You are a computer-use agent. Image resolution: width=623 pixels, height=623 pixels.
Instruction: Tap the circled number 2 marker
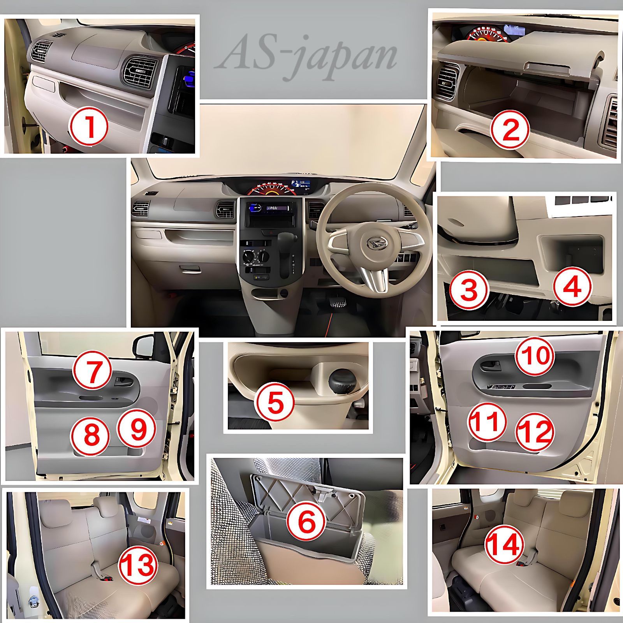pyautogui.click(x=510, y=130)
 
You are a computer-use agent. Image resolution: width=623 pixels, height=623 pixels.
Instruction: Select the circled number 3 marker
pyautogui.click(x=469, y=290)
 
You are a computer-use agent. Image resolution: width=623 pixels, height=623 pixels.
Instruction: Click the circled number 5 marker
pyautogui.click(x=275, y=404)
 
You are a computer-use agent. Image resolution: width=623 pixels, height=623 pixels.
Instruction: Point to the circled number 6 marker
pyautogui.click(x=306, y=522)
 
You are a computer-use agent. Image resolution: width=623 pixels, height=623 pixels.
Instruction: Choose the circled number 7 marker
pyautogui.click(x=93, y=371)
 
